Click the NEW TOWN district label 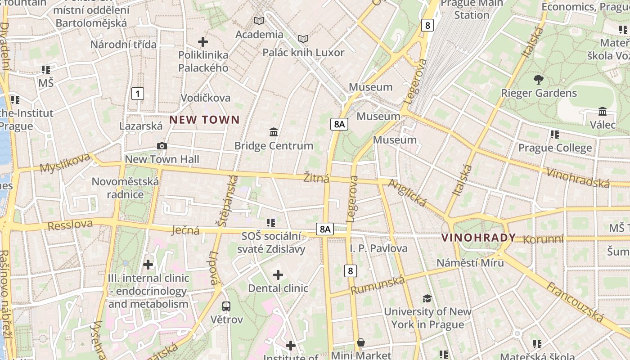(204, 120)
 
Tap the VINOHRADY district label (478, 238)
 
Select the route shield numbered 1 (138, 94)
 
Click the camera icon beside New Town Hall (162, 146)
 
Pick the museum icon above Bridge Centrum (274, 132)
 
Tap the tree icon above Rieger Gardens (538, 80)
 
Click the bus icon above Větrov (226, 306)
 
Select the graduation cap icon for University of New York (427, 298)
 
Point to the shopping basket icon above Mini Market (361, 343)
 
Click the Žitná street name (316, 178)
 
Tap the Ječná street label (186, 230)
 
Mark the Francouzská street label (575, 302)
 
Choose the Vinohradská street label (578, 177)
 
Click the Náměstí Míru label (470, 262)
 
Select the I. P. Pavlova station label (378, 248)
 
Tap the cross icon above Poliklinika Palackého (203, 42)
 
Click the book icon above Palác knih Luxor (303, 39)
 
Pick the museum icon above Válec (603, 111)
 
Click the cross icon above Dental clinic (278, 274)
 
